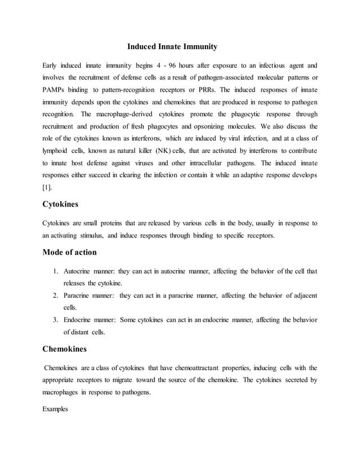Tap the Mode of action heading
(x=69, y=252)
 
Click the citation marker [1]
(x=47, y=186)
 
